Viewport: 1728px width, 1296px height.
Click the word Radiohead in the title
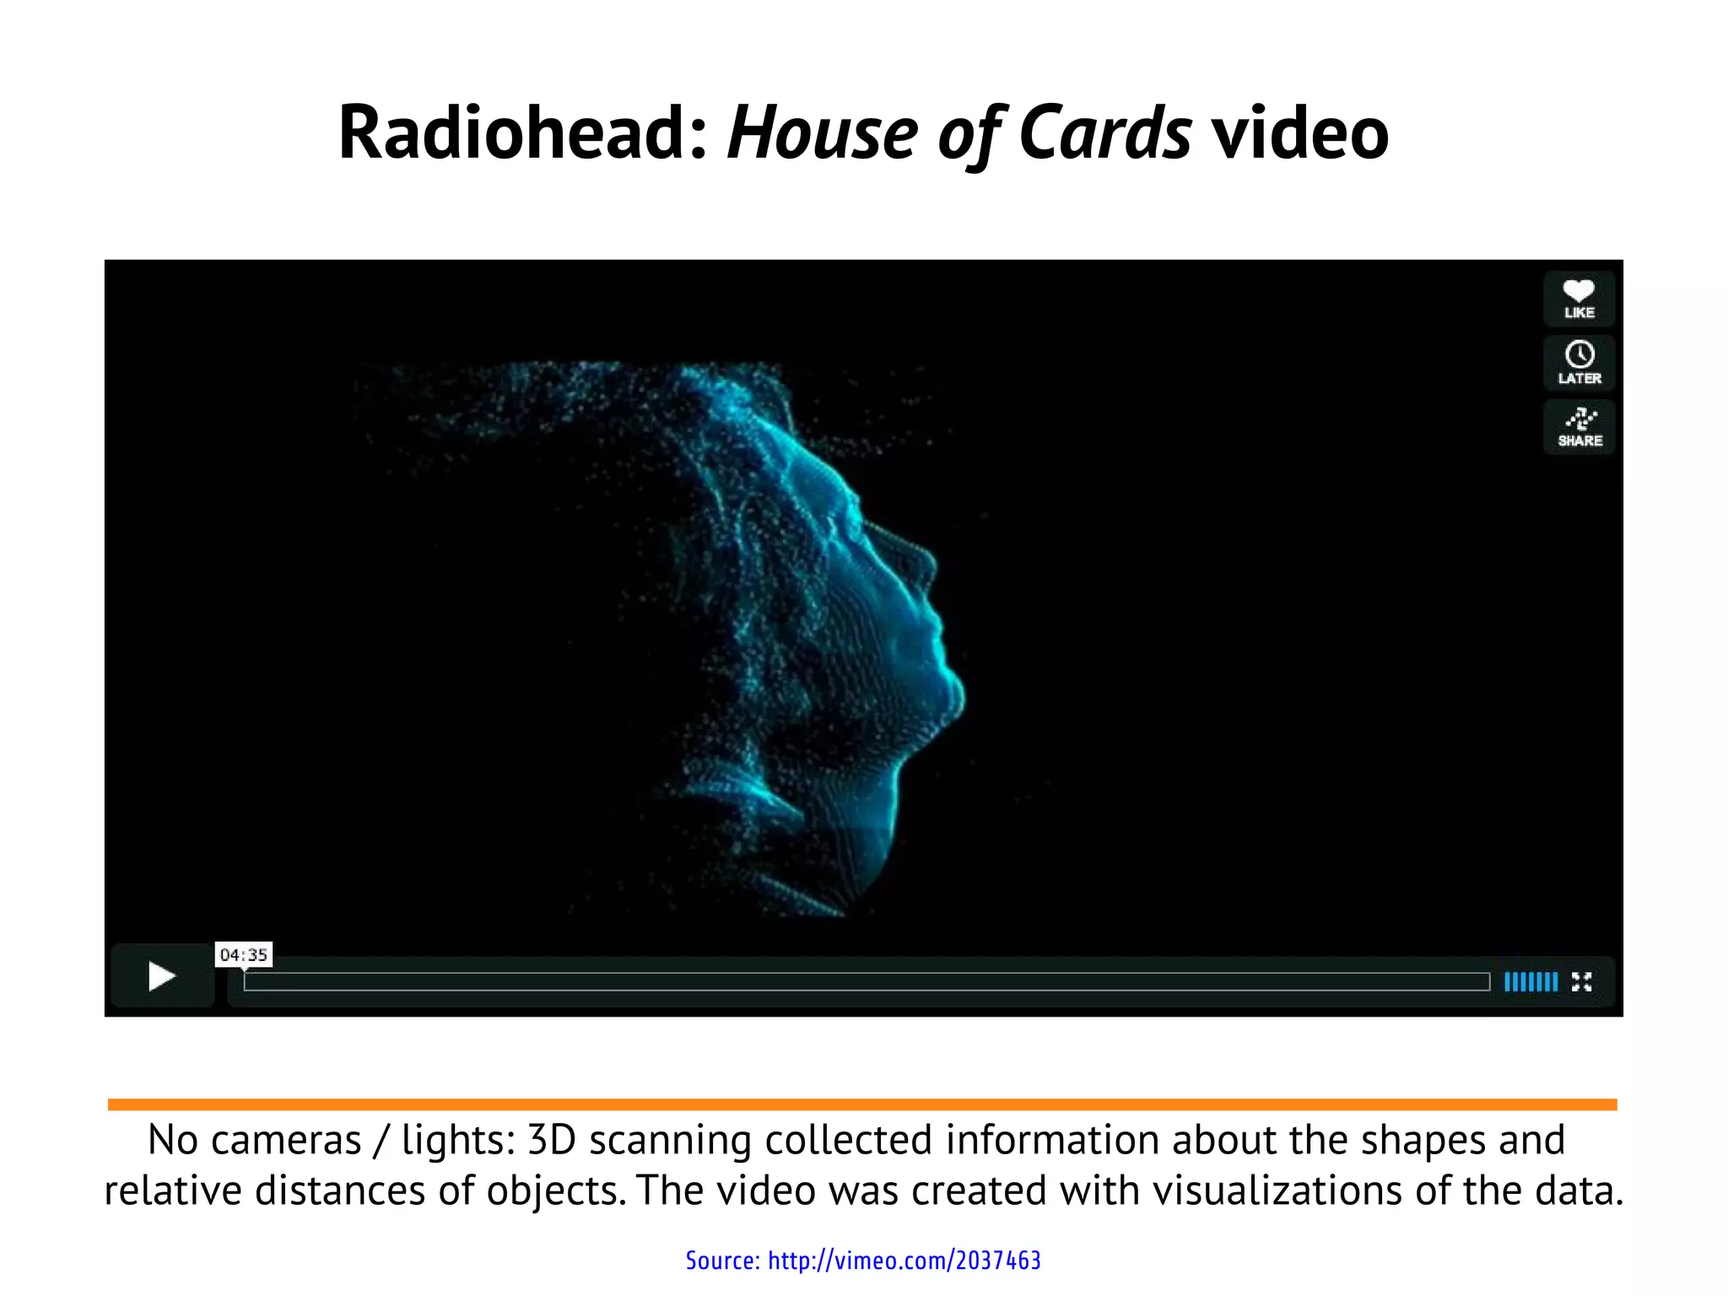[522, 133]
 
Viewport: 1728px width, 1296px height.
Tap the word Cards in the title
[1104, 133]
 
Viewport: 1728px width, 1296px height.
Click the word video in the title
[1299, 133]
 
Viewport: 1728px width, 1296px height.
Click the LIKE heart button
[1579, 299]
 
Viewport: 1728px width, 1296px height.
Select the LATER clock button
[1579, 363]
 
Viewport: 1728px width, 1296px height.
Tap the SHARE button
[1579, 427]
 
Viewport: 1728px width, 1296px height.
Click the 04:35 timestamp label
[243, 954]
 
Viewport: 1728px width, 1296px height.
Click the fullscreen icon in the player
[1581, 981]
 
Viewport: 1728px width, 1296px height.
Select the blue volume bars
[1531, 981]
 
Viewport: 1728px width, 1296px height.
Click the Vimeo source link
[862, 1260]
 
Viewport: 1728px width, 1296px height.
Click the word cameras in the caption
[286, 1140]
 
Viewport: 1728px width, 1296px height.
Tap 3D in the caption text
[551, 1140]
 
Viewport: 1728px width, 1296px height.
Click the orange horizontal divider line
[862, 1104]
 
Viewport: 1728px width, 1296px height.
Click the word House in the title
[822, 133]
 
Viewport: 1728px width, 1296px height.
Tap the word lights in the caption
[456, 1140]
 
